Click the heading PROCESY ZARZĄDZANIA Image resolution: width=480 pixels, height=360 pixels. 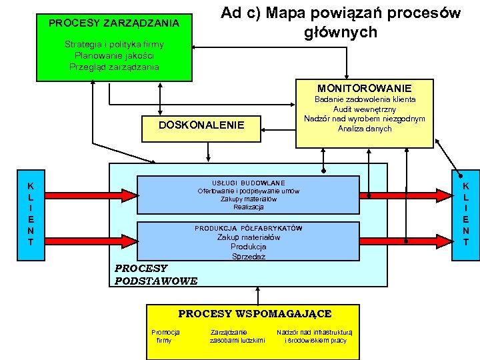pos(114,23)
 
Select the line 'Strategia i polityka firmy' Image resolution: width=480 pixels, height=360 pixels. pos(114,45)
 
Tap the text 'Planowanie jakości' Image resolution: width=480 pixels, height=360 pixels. pos(114,55)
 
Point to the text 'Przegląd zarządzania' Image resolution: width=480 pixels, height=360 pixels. pos(114,66)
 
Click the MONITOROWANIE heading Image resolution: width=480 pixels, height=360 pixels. pos(364,88)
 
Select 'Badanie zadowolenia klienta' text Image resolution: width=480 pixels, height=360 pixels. pos(364,99)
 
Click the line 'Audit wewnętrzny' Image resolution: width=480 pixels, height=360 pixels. pos(364,109)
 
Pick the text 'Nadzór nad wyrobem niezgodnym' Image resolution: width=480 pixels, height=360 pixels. pos(364,119)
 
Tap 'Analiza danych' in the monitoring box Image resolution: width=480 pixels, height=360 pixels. pos(364,129)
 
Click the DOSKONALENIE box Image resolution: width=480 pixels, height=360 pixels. pos(201,126)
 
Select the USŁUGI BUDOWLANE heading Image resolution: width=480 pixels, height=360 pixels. pos(248,183)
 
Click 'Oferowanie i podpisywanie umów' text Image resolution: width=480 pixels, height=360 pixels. pos(248,191)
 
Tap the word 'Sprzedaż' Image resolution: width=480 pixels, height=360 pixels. pos(248,256)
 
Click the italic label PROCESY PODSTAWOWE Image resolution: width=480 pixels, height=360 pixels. pos(156,275)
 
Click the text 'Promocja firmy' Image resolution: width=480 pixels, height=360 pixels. pos(165,336)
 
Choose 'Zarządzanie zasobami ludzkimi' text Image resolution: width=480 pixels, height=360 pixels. pos(237,336)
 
